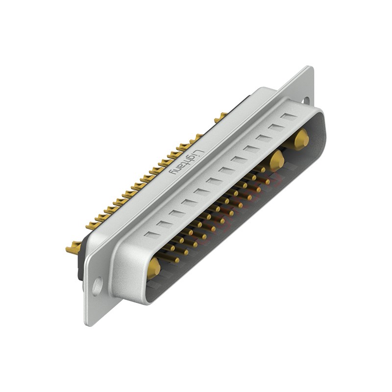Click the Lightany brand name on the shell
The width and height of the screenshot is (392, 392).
click(x=185, y=162)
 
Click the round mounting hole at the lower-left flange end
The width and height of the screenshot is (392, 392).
click(x=98, y=285)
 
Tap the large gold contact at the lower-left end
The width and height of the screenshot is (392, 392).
click(x=154, y=268)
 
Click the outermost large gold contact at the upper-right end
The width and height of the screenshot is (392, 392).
click(x=301, y=139)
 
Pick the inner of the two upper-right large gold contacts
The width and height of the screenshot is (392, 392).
click(x=276, y=160)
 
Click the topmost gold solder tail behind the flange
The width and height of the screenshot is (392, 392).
click(x=220, y=117)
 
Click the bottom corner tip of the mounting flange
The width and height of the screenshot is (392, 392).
click(x=89, y=323)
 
